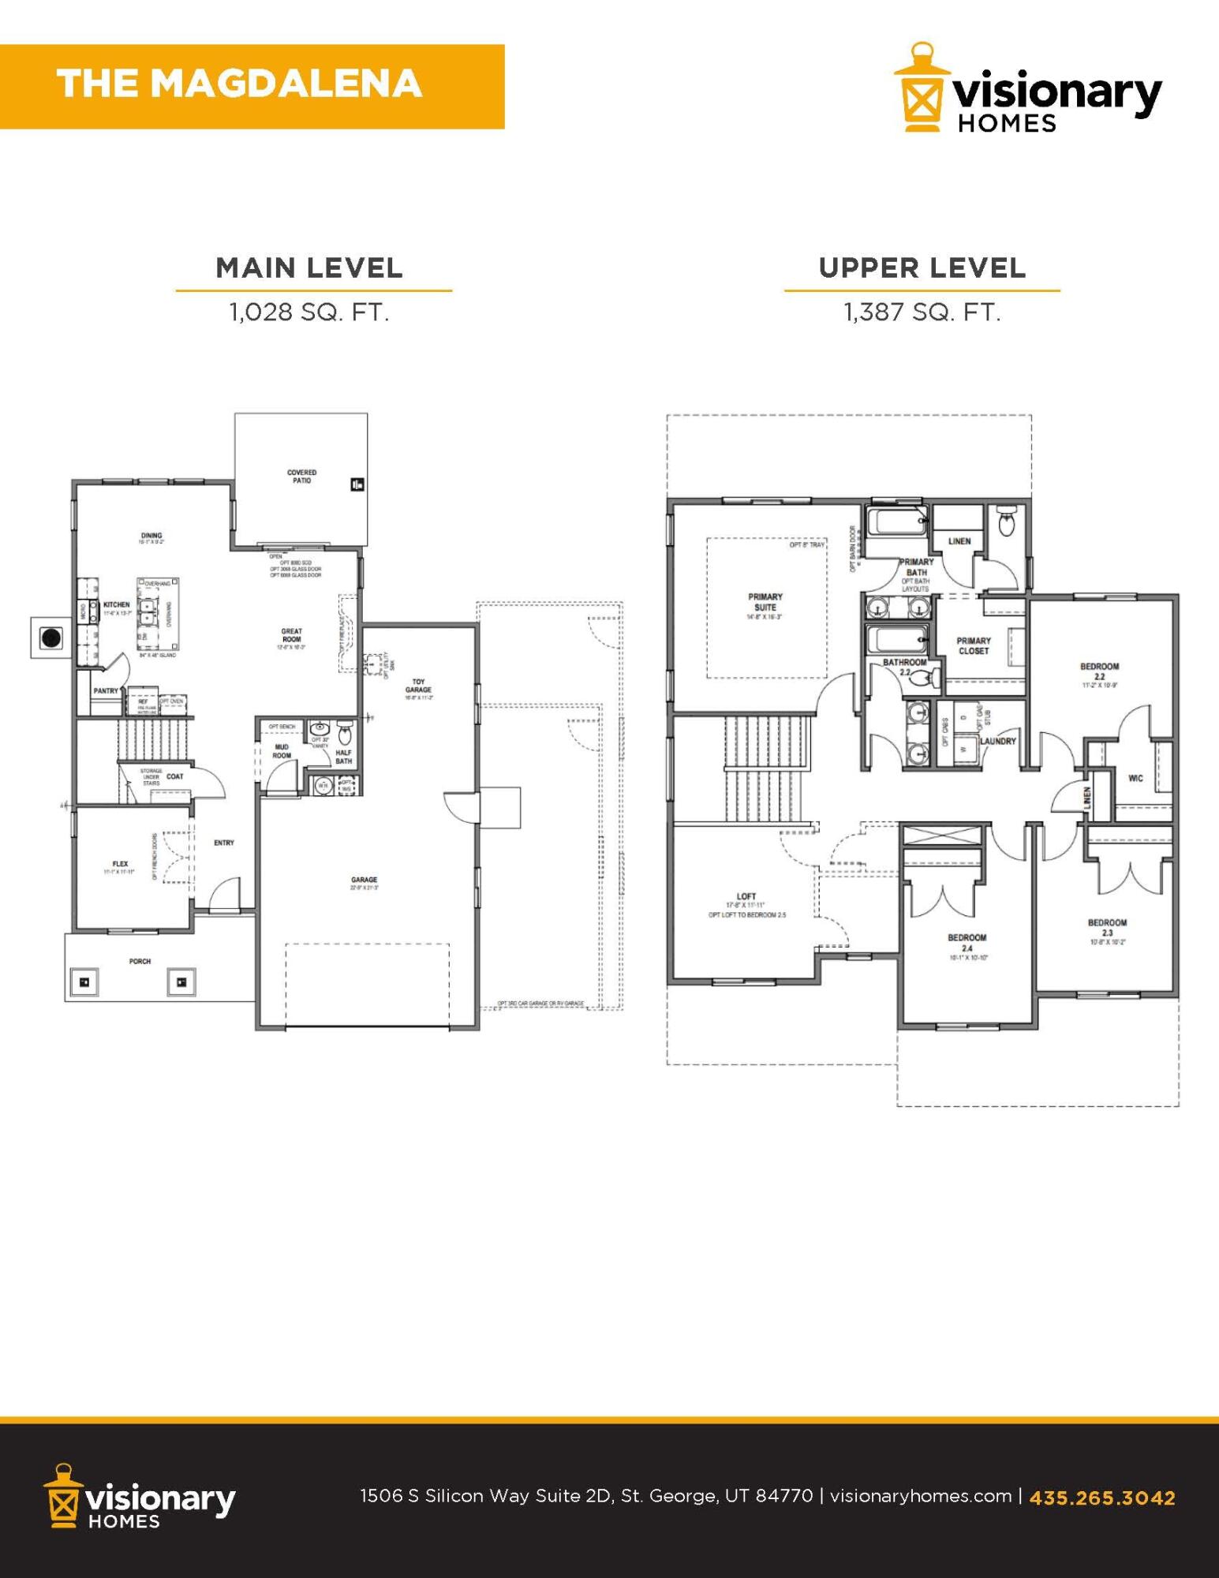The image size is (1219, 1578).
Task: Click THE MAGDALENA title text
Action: pos(239,84)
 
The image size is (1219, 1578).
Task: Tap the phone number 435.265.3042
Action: pos(1101,1498)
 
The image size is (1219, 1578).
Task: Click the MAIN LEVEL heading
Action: pos(309,268)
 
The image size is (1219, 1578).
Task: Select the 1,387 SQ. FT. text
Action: pos(922,312)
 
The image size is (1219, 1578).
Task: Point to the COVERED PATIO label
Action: pos(301,477)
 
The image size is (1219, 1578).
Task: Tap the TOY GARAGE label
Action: pos(418,686)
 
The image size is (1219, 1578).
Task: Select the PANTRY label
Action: pos(106,690)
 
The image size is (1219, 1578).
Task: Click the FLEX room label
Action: pos(120,864)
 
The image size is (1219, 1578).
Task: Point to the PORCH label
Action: pos(140,961)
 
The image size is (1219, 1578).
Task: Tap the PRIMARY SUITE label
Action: pos(765,602)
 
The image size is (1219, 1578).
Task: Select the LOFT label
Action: pos(746,896)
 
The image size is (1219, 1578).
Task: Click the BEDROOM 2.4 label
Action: pos(967,943)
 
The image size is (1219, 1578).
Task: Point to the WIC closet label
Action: pos(1135,778)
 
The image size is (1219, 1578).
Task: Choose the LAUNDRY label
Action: pos(998,741)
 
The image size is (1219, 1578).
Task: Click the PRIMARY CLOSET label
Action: pos(973,645)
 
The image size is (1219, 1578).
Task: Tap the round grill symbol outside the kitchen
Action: pos(52,638)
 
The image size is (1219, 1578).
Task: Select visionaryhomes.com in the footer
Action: pos(921,1496)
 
